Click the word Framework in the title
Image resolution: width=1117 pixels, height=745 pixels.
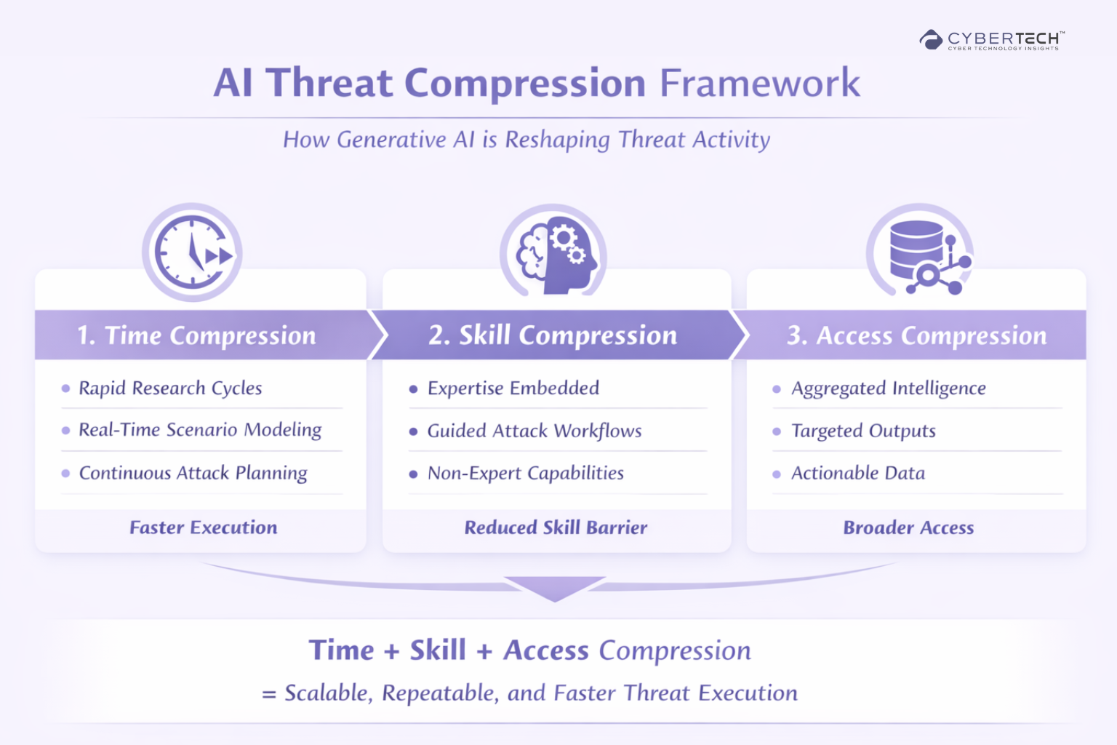(x=759, y=83)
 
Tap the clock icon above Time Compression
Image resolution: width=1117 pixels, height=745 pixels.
(x=192, y=253)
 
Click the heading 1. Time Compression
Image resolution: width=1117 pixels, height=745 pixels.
(x=197, y=335)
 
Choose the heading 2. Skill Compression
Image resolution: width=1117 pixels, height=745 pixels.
(x=553, y=335)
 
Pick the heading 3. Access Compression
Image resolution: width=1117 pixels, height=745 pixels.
(x=916, y=335)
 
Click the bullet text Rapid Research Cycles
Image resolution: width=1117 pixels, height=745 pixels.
(x=170, y=388)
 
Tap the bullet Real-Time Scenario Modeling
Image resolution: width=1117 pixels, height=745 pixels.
(x=200, y=430)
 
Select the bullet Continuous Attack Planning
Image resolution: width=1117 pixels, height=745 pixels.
(x=193, y=473)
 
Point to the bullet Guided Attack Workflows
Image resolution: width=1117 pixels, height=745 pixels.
(x=535, y=431)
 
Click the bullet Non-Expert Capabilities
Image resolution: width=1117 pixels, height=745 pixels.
(x=525, y=473)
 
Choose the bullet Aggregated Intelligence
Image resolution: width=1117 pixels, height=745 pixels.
(x=888, y=388)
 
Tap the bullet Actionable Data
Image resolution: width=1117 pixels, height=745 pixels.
(x=858, y=473)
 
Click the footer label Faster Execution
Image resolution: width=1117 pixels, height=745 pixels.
(x=204, y=527)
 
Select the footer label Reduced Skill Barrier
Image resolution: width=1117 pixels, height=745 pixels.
(x=556, y=527)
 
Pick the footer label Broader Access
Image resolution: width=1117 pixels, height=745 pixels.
(x=908, y=527)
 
